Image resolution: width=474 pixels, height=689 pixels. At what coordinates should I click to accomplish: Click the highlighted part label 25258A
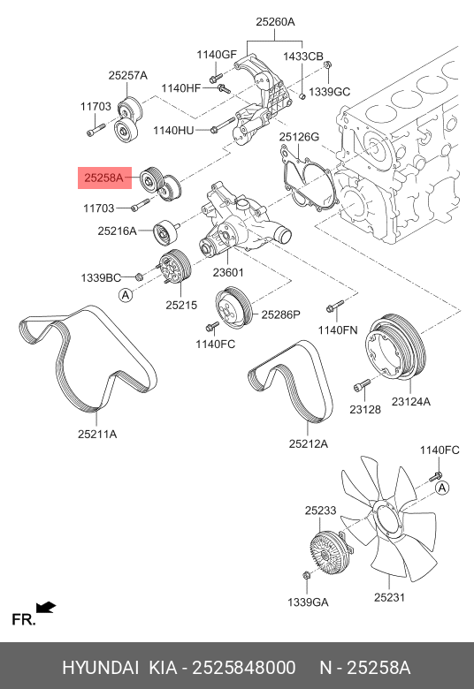tap(103, 178)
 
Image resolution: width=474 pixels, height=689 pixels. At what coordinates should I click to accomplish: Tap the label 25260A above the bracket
tap(276, 21)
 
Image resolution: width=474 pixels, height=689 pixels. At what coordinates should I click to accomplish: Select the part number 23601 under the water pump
tap(228, 272)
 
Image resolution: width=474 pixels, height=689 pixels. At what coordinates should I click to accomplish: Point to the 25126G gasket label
tap(299, 137)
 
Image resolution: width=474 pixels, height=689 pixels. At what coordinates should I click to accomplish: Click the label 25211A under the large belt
tap(97, 434)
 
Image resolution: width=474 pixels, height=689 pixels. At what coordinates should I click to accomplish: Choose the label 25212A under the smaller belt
tap(309, 443)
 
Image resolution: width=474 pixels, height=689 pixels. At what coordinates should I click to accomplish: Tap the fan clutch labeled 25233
tap(325, 553)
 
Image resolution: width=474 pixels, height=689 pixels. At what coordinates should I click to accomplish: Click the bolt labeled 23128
tap(362, 385)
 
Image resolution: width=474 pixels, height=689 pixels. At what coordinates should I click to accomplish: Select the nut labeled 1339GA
tap(307, 575)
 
